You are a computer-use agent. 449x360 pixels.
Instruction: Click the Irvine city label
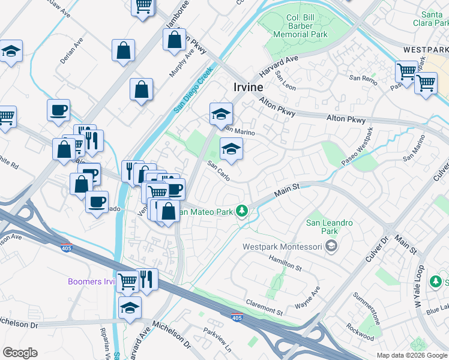click(248, 87)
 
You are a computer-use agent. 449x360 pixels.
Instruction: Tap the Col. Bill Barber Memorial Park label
click(300, 26)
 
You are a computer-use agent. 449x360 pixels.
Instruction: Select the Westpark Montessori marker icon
click(331, 245)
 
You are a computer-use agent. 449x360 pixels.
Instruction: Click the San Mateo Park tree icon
click(242, 211)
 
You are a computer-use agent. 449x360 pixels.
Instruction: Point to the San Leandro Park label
click(330, 227)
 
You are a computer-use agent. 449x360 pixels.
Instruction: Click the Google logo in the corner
click(20, 353)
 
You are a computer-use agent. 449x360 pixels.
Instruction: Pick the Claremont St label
click(264, 307)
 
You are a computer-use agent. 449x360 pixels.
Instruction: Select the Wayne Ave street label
click(307, 298)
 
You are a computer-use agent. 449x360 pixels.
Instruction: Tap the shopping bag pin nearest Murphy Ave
click(174, 40)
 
